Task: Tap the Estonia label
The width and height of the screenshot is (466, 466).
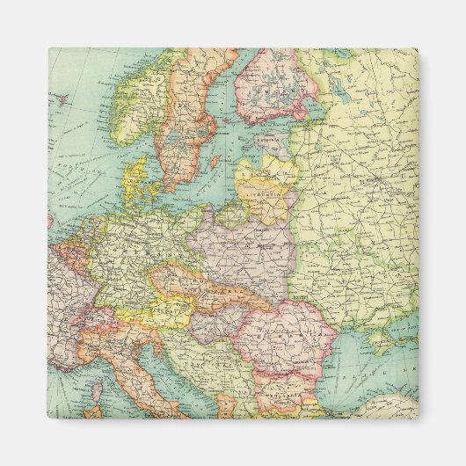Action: tap(268, 139)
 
